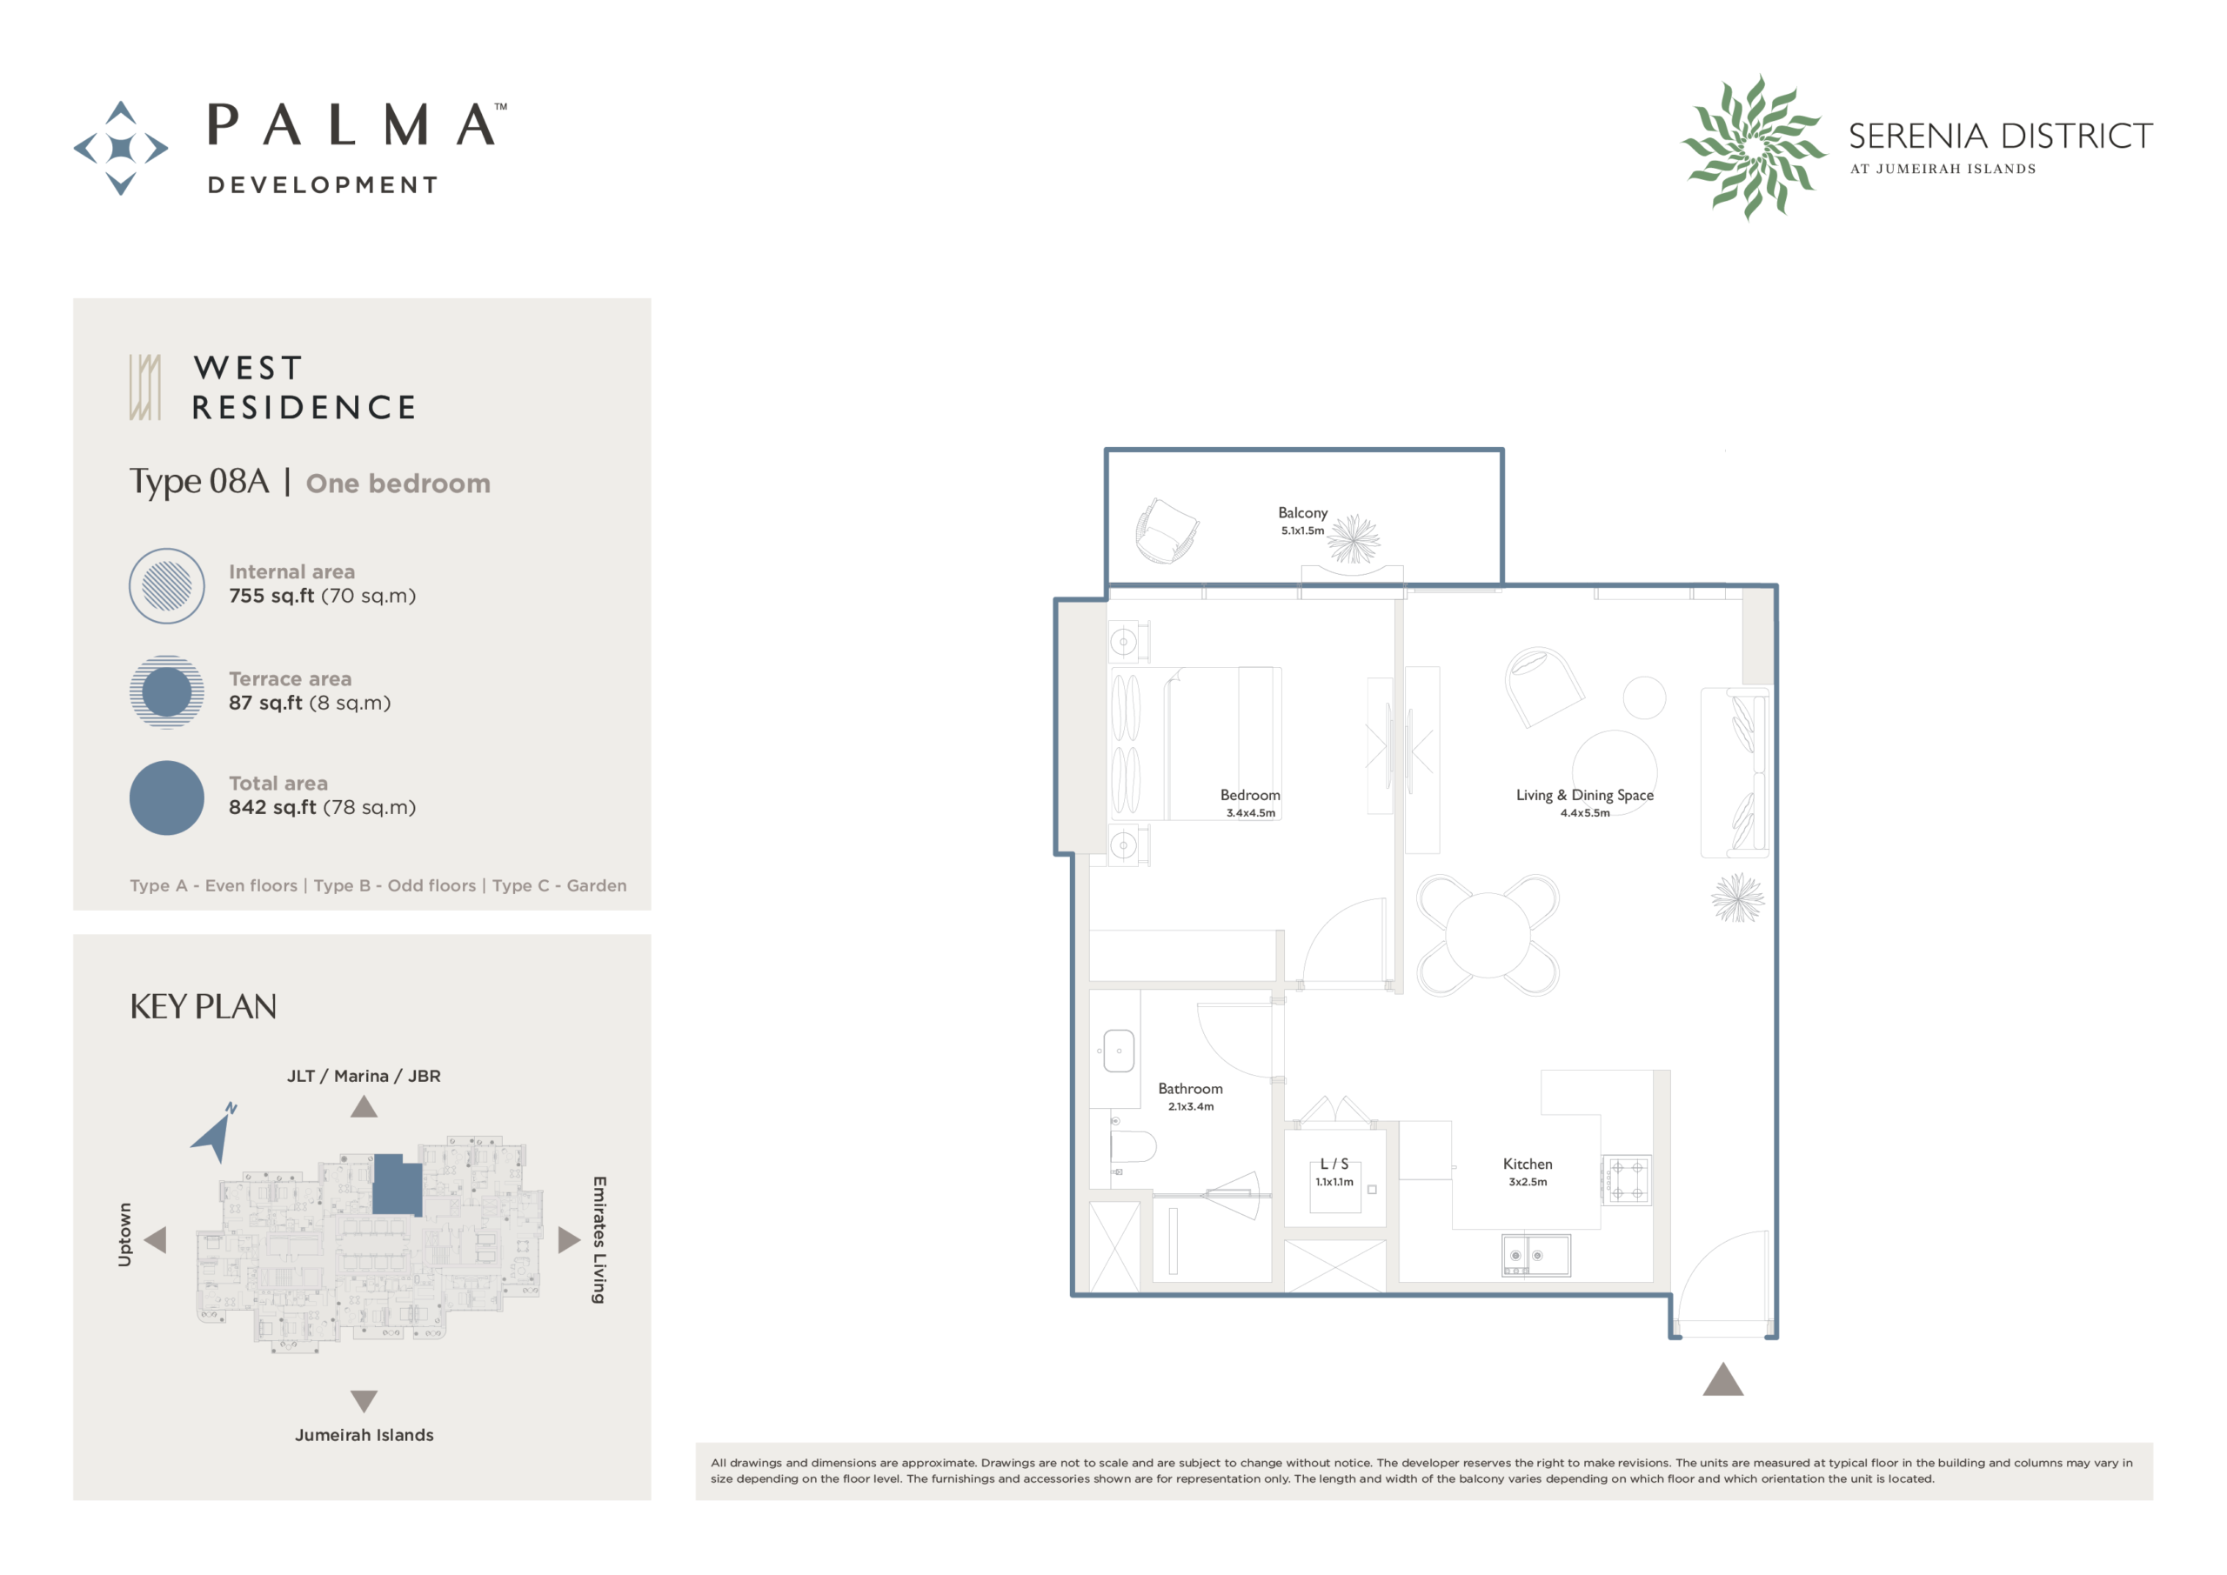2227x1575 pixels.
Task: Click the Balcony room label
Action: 1301,512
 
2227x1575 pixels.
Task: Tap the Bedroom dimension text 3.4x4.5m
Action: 1250,812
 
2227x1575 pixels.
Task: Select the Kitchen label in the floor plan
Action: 1527,1164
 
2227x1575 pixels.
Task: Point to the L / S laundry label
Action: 1334,1164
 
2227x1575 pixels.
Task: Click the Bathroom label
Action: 1190,1089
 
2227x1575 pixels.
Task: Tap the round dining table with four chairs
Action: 1487,935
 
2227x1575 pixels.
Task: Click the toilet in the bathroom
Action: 1132,1148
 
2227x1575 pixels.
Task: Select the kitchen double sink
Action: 1535,1255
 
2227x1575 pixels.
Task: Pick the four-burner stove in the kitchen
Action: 1627,1179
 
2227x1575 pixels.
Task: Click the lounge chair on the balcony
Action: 1167,531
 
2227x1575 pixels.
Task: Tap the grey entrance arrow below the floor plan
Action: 1722,1379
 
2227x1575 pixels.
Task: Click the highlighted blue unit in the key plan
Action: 397,1185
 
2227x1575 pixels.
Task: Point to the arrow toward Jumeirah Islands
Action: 364,1400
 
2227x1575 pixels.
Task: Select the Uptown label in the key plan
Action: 124,1235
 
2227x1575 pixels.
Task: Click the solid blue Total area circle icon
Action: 167,798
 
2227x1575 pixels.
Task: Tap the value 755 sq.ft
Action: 271,596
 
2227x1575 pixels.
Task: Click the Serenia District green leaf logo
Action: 1753,148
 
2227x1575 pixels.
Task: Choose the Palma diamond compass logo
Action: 121,149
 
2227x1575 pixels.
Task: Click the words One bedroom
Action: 398,483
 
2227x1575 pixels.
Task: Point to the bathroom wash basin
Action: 1119,1051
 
